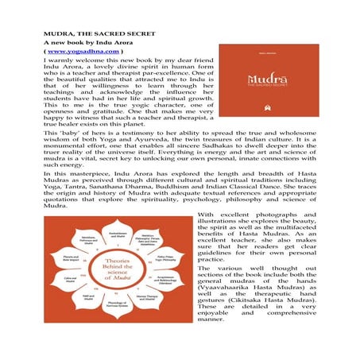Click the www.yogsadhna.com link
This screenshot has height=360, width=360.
(77, 50)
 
